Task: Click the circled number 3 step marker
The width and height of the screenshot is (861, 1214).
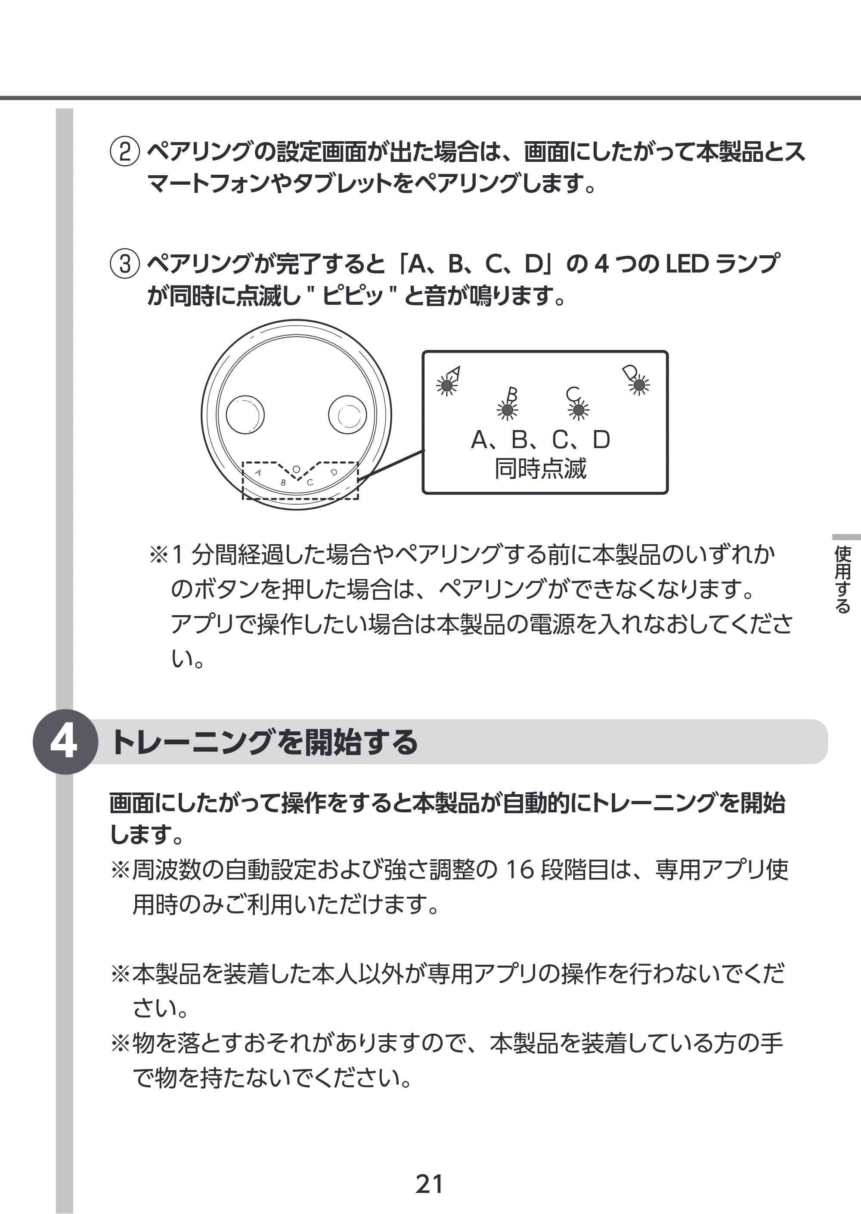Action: pyautogui.click(x=124, y=263)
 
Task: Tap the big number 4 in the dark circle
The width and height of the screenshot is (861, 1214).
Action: pyautogui.click(x=64, y=742)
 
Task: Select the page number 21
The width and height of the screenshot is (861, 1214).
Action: pyautogui.click(x=430, y=1184)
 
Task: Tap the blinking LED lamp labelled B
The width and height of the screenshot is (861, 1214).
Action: pyautogui.click(x=508, y=410)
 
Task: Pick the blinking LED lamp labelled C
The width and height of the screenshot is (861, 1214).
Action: pyautogui.click(x=579, y=410)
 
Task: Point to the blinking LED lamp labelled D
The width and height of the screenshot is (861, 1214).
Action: pyautogui.click(x=639, y=385)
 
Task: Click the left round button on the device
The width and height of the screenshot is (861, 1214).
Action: pyautogui.click(x=245, y=414)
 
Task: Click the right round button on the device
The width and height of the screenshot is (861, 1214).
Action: pyautogui.click(x=347, y=414)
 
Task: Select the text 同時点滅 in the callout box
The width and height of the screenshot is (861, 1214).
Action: pyautogui.click(x=541, y=469)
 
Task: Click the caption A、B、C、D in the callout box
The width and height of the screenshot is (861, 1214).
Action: pyautogui.click(x=541, y=440)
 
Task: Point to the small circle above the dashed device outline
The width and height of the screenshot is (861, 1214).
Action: pyautogui.click(x=296, y=469)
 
